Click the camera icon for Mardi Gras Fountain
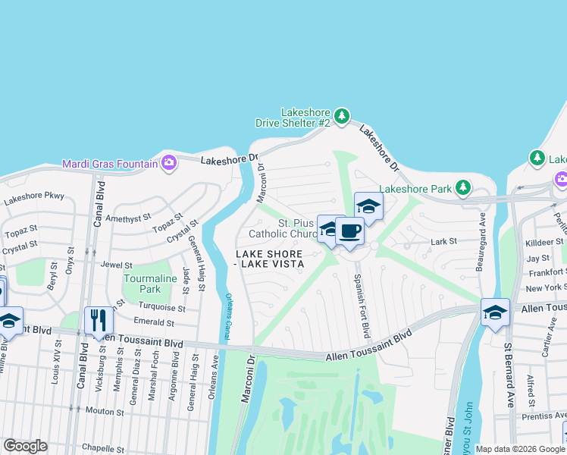click(x=168, y=162)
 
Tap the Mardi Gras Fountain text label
click(x=109, y=163)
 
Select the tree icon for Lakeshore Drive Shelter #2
click(x=343, y=116)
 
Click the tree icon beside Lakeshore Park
click(x=462, y=187)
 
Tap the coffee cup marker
click(x=349, y=231)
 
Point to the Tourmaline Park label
click(x=143, y=284)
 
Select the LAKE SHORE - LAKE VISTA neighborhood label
click(x=269, y=259)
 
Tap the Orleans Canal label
click(x=227, y=315)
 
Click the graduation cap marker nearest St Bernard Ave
click(x=495, y=312)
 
